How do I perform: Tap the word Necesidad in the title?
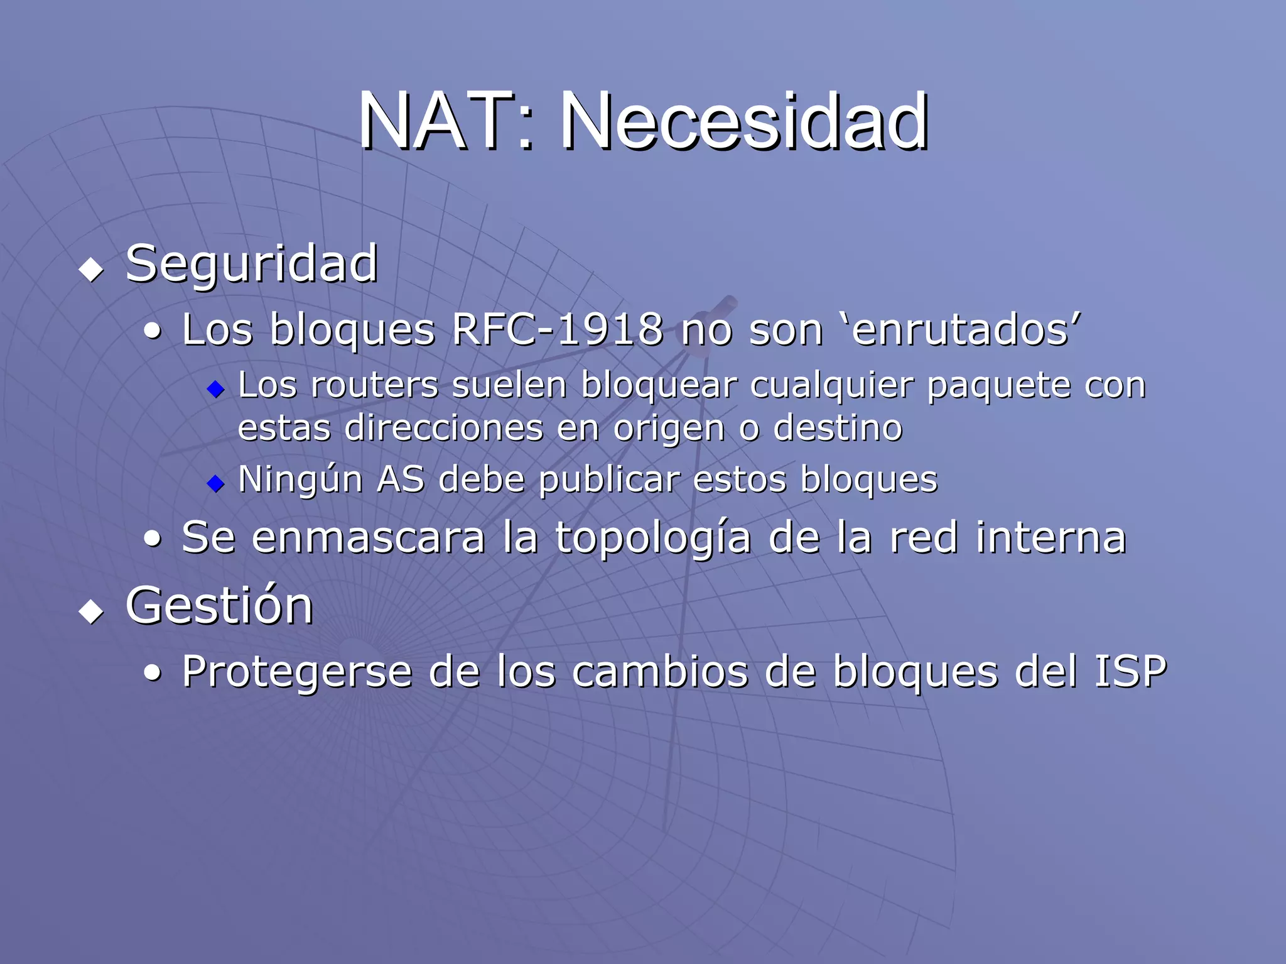coord(743,121)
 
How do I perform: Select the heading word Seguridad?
coord(251,264)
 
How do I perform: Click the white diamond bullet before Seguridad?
coord(92,270)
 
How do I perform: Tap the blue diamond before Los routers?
coord(215,390)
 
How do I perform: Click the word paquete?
coord(999,386)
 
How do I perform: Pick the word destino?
coord(838,428)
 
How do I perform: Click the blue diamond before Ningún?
coord(215,483)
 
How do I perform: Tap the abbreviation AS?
coord(400,479)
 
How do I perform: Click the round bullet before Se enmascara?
coord(152,539)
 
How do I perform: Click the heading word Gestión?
coord(219,605)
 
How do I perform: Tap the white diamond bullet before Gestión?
coord(92,611)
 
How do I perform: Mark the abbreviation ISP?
coord(1130,671)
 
